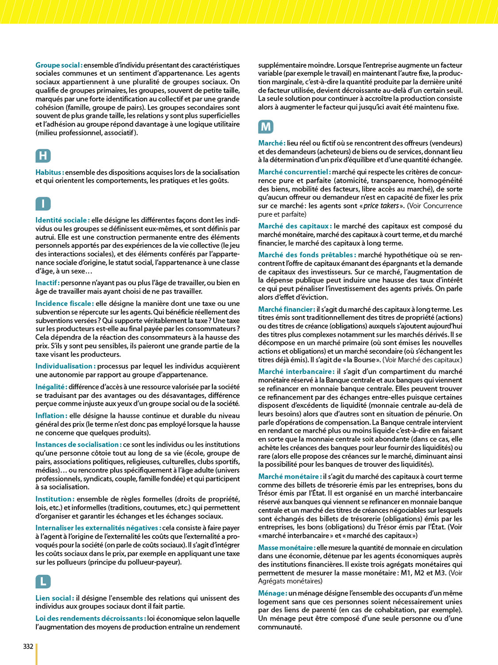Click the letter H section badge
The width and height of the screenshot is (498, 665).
click(43, 156)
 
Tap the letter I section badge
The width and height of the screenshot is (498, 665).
click(43, 203)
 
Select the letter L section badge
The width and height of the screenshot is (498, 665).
click(43, 581)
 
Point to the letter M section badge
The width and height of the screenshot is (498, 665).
click(266, 127)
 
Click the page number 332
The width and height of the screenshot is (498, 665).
click(28, 646)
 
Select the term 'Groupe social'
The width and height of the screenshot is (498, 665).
click(59, 65)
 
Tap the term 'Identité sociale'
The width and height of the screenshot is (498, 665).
click(62, 220)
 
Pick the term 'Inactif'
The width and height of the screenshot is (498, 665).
click(47, 283)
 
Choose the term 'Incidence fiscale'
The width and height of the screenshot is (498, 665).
click(65, 304)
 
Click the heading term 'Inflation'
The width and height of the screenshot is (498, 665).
click(51, 416)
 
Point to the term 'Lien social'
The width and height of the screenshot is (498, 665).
click(54, 598)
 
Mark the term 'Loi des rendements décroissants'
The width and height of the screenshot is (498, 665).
click(91, 618)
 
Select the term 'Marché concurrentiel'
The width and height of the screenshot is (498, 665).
click(294, 172)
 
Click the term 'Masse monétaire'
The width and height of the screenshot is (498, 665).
click(287, 548)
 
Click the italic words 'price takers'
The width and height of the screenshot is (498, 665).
click(381, 206)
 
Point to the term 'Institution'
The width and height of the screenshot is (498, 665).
click(55, 499)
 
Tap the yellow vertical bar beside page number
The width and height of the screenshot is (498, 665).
click(37, 654)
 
